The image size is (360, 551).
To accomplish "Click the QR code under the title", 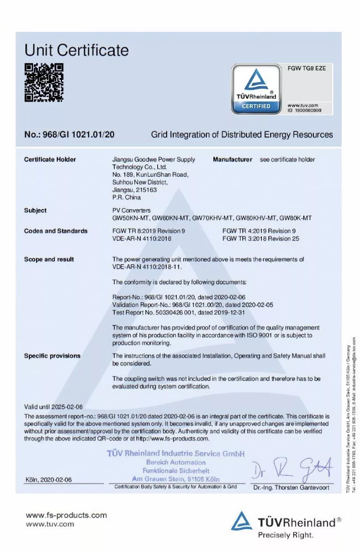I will (x=43, y=82).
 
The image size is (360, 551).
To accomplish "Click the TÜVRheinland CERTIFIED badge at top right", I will (x=256, y=89).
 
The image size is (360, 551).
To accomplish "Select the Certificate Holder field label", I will (x=50, y=160).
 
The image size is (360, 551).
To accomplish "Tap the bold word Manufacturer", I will (x=232, y=160).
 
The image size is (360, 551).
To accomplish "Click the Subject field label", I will (x=35, y=210).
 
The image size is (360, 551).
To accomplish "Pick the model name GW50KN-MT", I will (x=130, y=218).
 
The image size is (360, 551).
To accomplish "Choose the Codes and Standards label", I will (x=56, y=231).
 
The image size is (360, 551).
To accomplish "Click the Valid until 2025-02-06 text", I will (x=53, y=407).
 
